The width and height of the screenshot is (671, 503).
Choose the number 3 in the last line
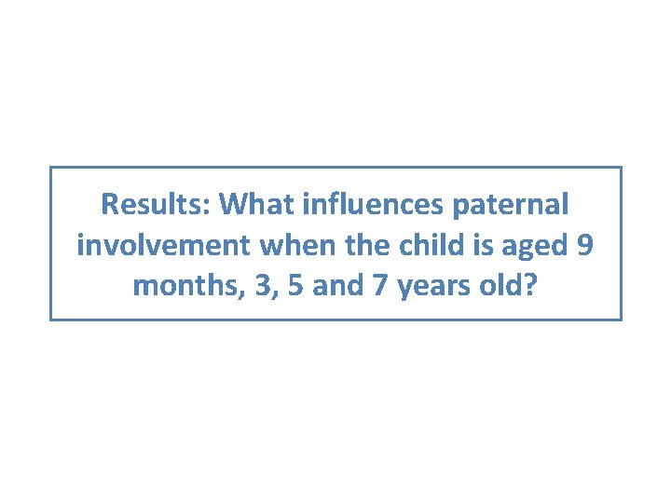click(x=255, y=285)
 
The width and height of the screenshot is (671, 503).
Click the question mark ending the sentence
click(x=530, y=285)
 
